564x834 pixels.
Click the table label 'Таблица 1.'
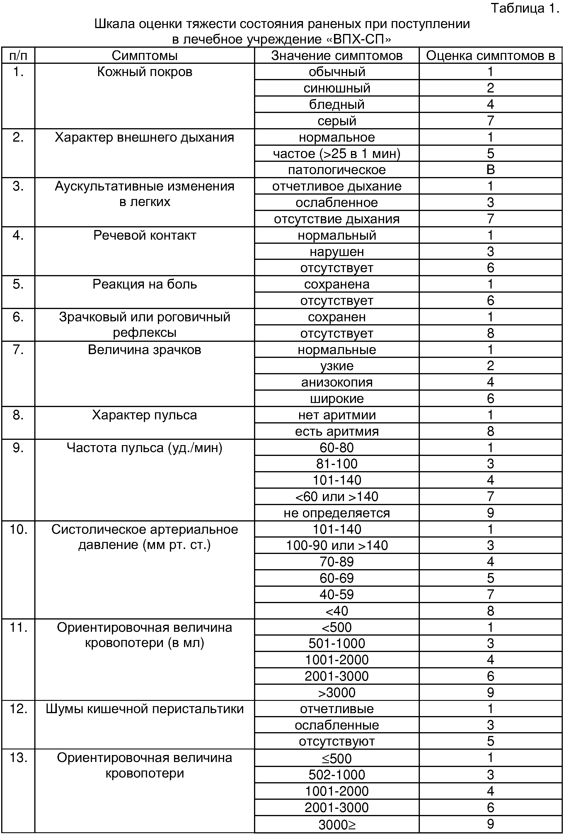(524, 8)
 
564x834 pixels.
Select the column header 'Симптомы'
(144, 56)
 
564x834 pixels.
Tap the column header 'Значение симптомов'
(337, 56)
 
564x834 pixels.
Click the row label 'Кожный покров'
(144, 72)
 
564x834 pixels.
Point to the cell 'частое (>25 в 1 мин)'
(337, 154)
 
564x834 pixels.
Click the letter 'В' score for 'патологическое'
(490, 170)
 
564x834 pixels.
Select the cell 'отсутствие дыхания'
(337, 219)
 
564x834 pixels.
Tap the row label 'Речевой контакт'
(144, 235)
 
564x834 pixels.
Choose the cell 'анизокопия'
(337, 382)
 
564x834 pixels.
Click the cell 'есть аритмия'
(337, 431)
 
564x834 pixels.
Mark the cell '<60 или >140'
(337, 497)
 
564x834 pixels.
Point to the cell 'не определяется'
(337, 513)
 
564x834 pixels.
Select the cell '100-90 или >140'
(337, 545)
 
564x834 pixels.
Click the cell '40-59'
(337, 595)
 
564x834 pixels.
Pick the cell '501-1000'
(337, 643)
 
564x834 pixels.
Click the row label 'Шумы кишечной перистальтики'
(144, 709)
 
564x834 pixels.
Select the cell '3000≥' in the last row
(337, 824)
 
